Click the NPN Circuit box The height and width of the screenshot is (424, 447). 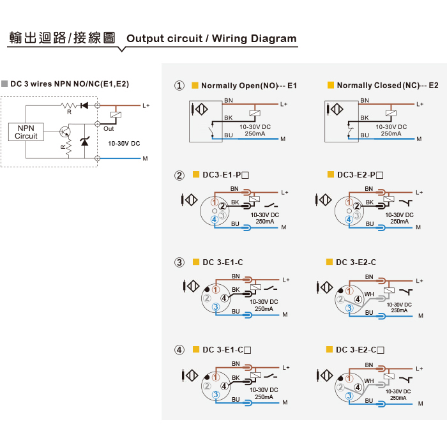click(26, 132)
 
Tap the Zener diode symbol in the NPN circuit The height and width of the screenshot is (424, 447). click(85, 141)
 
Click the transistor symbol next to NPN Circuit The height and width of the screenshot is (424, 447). click(65, 132)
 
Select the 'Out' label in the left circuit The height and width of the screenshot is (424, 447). click(109, 129)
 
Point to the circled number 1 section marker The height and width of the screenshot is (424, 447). click(179, 86)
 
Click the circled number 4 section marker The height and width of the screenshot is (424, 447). click(179, 350)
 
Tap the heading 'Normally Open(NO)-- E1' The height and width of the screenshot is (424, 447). click(249, 86)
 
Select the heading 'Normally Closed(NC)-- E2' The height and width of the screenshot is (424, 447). click(388, 86)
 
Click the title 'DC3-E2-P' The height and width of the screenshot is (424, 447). click(360, 175)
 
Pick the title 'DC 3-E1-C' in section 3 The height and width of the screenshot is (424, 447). click(223, 262)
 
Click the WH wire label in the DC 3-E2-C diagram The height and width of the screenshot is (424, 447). click(369, 294)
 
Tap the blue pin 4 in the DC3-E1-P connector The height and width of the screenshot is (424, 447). click(215, 220)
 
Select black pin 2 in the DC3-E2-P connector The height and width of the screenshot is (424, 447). click(356, 206)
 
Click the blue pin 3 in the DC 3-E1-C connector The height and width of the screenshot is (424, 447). click(216, 307)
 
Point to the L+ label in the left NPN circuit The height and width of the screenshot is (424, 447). click(146, 106)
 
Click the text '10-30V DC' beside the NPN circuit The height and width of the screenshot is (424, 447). click(124, 144)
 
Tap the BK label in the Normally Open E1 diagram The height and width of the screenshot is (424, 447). click(229, 117)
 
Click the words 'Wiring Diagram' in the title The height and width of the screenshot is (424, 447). click(254, 38)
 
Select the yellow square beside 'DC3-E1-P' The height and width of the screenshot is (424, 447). click(196, 174)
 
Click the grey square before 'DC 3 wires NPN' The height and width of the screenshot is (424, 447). click(4, 84)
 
